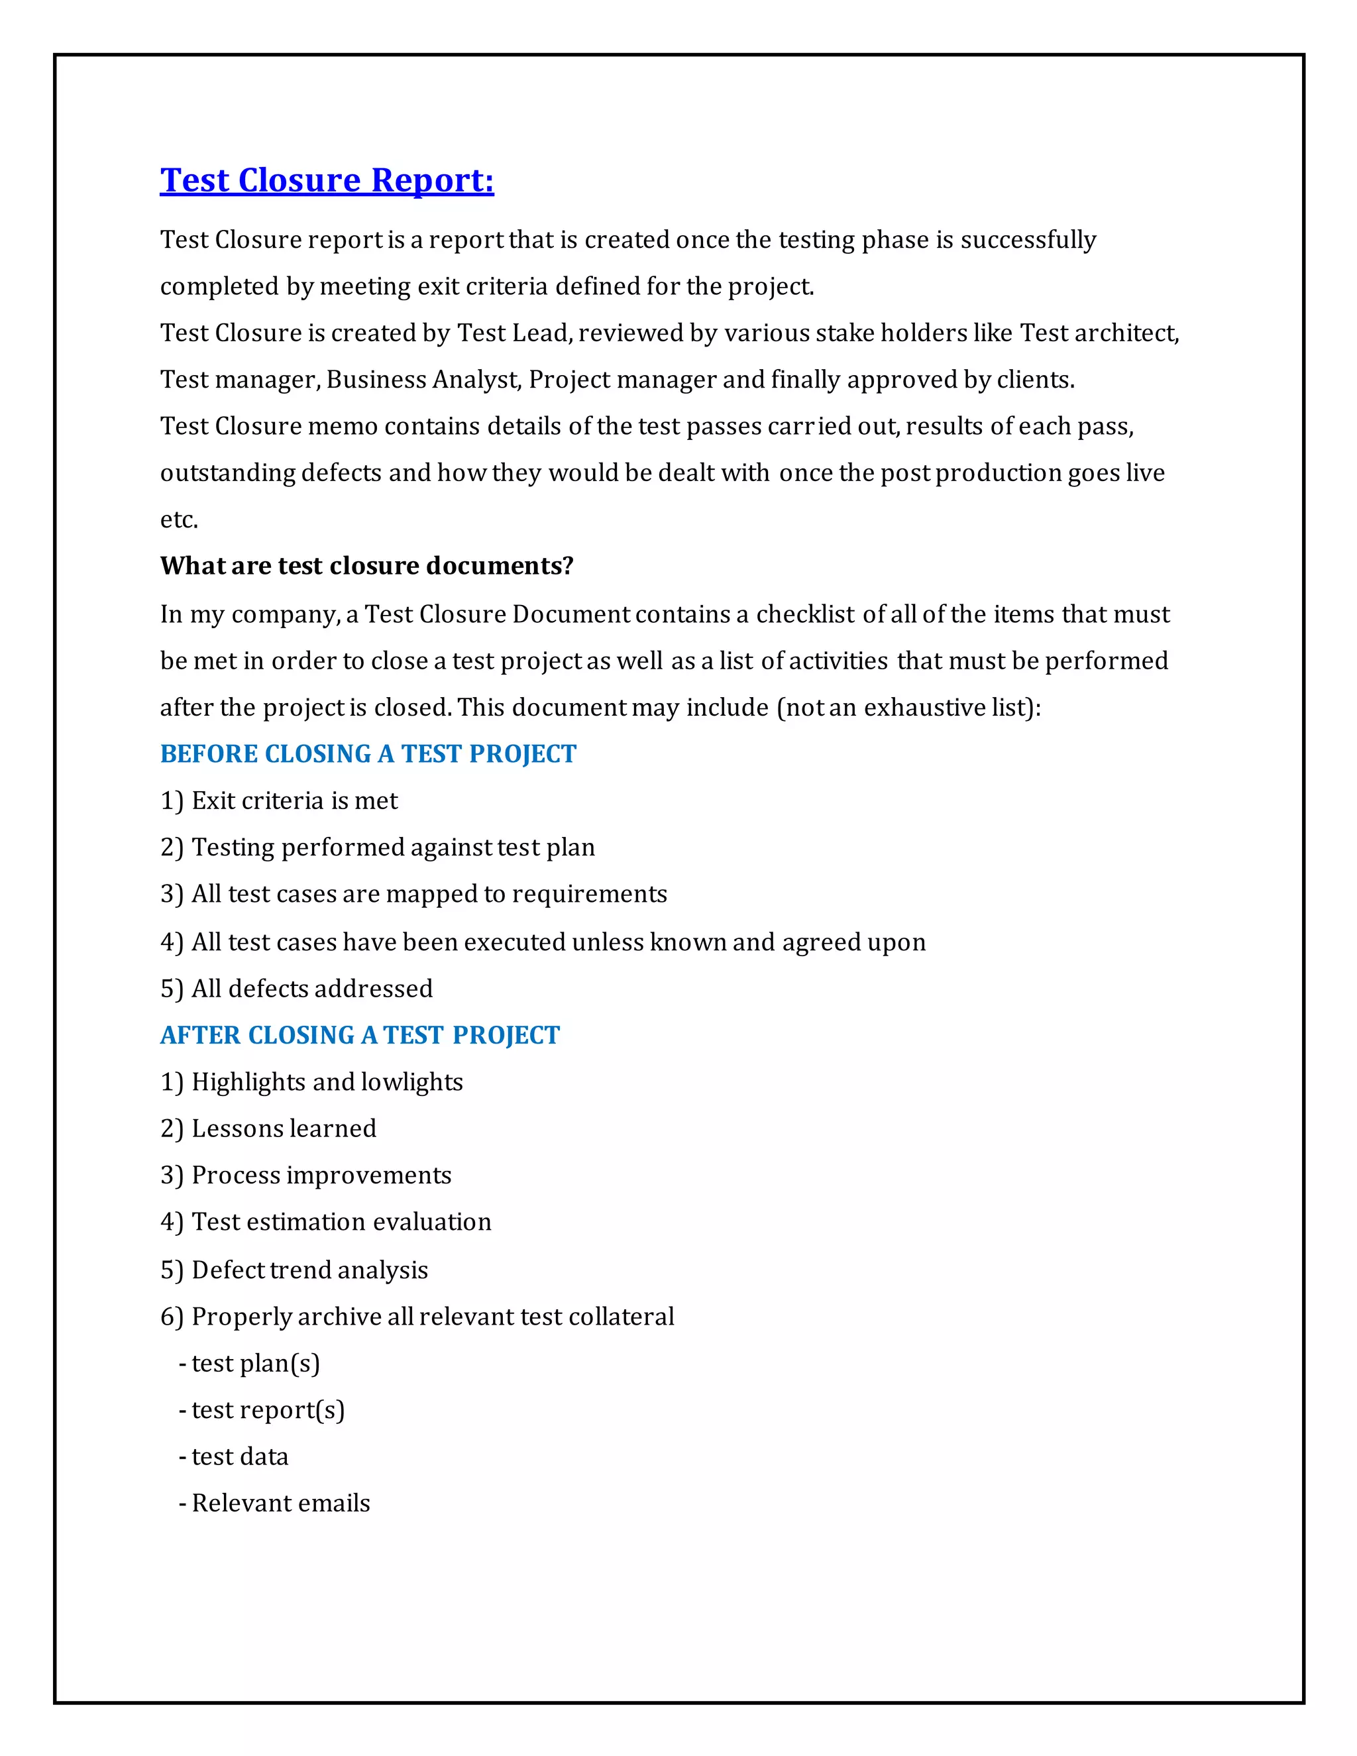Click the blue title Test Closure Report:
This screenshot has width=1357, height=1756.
point(327,180)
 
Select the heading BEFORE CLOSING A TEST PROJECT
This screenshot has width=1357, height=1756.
point(368,754)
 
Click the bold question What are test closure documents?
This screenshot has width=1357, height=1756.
point(366,566)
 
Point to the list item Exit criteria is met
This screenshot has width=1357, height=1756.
point(294,801)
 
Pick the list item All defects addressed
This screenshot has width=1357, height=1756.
point(312,989)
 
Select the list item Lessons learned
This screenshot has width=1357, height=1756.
point(284,1129)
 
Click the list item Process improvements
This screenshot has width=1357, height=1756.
point(321,1176)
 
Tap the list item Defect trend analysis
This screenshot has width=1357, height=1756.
point(309,1270)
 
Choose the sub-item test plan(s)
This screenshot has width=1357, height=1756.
point(256,1364)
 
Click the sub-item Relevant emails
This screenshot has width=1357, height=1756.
point(280,1504)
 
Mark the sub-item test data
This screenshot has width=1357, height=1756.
point(240,1457)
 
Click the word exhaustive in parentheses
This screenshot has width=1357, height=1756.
point(924,708)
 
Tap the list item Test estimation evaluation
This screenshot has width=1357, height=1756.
point(341,1222)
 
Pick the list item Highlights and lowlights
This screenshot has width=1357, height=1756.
point(327,1082)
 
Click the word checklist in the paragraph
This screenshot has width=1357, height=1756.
point(806,614)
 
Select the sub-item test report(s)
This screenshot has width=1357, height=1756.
point(268,1410)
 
